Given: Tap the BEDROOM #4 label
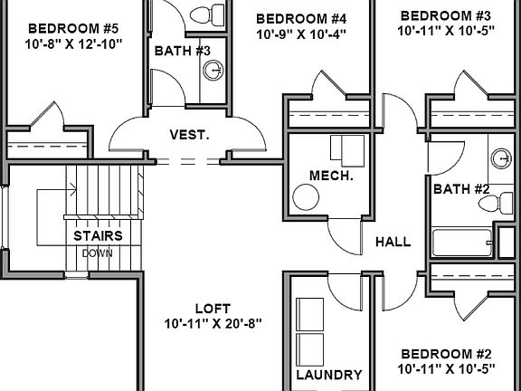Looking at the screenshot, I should pyautogui.click(x=301, y=18).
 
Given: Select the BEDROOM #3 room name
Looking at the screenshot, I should pyautogui.click(x=444, y=16).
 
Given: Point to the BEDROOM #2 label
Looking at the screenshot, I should pyautogui.click(x=446, y=353).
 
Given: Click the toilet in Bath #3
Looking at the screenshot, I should pyautogui.click(x=213, y=15).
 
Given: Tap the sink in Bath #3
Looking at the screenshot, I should pyautogui.click(x=213, y=71).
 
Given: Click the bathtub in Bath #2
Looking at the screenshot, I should pyautogui.click(x=462, y=243).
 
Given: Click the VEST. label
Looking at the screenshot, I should pyautogui.click(x=190, y=135).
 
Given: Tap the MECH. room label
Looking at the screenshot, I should pyautogui.click(x=330, y=175).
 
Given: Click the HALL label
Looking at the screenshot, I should pyautogui.click(x=393, y=242).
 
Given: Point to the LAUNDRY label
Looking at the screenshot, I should pyautogui.click(x=329, y=375).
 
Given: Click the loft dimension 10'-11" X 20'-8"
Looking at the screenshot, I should pyautogui.click(x=213, y=323).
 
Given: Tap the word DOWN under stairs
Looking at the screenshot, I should pyautogui.click(x=97, y=253).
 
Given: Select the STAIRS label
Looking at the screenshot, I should pyautogui.click(x=98, y=236).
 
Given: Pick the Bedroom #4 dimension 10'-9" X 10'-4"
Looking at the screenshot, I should pyautogui.click(x=301, y=34).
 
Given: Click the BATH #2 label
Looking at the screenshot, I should pyautogui.click(x=461, y=189).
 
